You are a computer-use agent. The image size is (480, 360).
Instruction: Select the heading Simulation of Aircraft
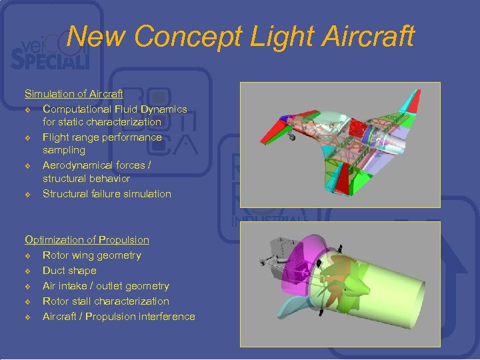pos(74,94)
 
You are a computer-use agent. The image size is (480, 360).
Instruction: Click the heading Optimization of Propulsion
pos(87,239)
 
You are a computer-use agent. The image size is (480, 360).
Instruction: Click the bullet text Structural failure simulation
pos(107,194)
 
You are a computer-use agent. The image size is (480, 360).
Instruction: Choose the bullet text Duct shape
pos(69,271)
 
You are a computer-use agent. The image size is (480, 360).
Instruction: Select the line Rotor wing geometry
pos(92,255)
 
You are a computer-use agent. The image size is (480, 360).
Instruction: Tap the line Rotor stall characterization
pos(106,301)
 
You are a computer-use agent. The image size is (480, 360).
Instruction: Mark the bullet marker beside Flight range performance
pos(28,138)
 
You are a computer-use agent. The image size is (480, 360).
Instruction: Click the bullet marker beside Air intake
pos(28,287)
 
